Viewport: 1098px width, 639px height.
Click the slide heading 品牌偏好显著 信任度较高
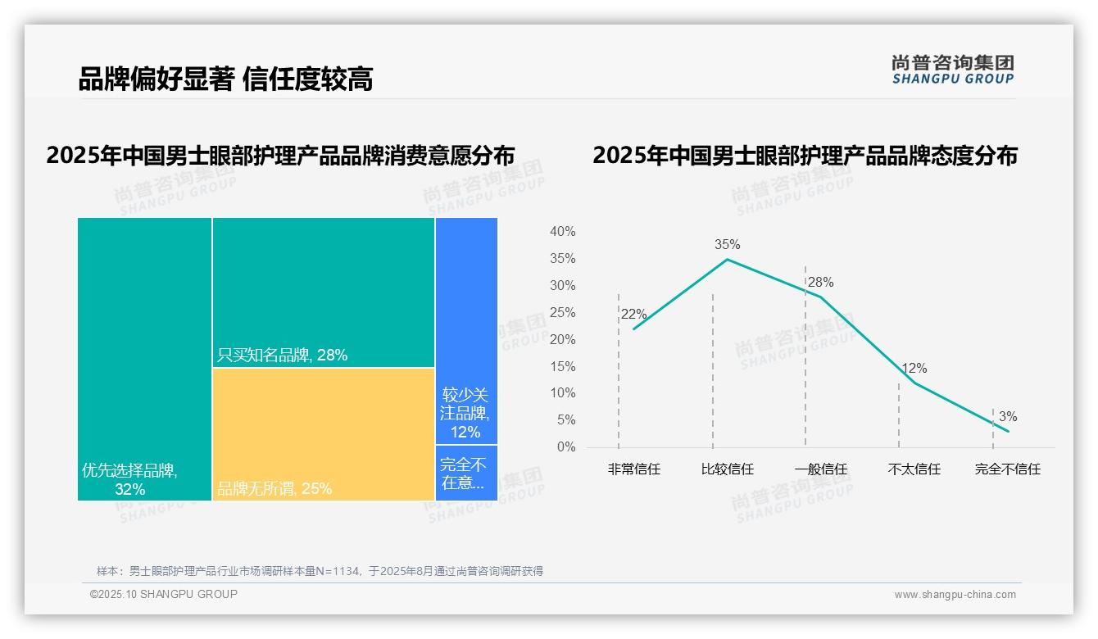225,79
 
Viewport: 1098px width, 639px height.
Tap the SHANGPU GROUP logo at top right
953,70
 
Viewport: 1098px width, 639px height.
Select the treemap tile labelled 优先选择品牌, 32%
144,358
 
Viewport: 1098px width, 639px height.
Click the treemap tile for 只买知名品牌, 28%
324,292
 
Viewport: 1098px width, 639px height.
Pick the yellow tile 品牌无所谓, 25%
324,433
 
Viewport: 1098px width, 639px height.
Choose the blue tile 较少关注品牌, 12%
466,331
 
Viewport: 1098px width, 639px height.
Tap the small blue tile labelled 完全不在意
466,473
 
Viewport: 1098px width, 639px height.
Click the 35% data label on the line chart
727,244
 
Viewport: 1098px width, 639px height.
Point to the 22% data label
633,315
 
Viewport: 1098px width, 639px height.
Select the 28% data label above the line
820,283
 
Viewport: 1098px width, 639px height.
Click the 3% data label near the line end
1007,417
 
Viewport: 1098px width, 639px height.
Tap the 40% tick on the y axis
562,232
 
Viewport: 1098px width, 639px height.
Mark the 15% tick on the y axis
562,366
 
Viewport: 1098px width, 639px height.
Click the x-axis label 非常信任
633,469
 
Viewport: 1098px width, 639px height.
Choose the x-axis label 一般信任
820,469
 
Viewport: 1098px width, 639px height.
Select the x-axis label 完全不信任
1007,469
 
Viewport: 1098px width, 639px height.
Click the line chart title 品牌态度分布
805,156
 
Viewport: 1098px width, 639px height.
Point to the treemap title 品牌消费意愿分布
280,156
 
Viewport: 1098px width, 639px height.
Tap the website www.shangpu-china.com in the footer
955,595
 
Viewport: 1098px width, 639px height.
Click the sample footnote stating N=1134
320,571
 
